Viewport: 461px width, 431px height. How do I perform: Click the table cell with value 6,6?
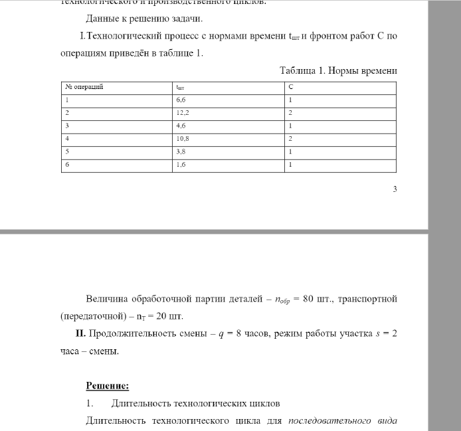click(x=181, y=100)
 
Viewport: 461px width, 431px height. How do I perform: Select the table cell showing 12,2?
click(x=183, y=113)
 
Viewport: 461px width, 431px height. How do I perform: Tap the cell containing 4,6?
click(x=181, y=126)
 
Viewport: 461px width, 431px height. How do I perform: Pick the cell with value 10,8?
click(x=183, y=139)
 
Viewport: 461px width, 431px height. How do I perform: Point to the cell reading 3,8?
click(x=181, y=151)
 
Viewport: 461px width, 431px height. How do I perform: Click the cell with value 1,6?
click(x=181, y=164)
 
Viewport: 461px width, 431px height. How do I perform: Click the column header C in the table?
click(x=291, y=87)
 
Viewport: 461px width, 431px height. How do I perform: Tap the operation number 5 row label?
click(x=66, y=151)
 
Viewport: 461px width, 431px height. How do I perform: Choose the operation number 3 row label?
click(x=66, y=126)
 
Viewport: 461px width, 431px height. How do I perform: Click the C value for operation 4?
click(x=291, y=139)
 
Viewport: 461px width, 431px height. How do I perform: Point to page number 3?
click(x=395, y=189)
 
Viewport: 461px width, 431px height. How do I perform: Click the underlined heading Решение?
click(x=107, y=386)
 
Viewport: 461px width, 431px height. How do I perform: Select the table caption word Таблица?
click(x=301, y=70)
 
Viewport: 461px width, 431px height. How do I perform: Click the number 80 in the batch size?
click(x=308, y=299)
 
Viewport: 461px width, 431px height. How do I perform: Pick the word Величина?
click(x=108, y=299)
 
